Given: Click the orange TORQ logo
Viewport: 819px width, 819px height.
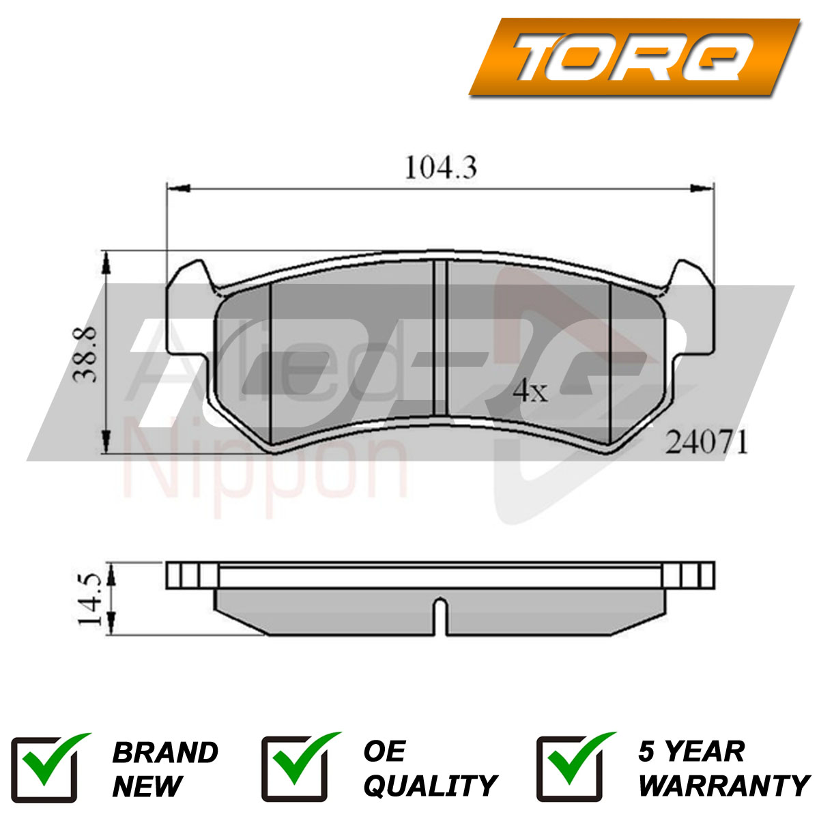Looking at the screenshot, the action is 634,57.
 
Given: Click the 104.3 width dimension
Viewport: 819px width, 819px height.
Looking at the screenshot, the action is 441,168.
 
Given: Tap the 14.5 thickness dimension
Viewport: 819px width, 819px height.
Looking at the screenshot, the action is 89,600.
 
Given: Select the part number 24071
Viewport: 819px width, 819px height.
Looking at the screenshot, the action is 706,443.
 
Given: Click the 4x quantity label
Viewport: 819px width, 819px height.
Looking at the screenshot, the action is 530,392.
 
